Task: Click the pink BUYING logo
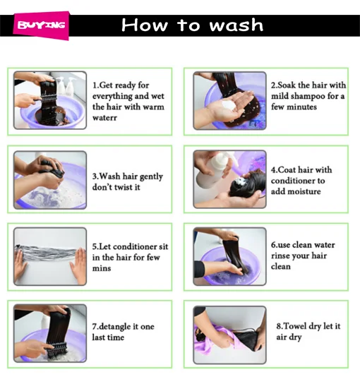41,25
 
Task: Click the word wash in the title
236,25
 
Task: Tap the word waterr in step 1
104,118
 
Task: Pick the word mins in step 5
102,268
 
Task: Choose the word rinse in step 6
281,256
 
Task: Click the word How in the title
145,25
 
